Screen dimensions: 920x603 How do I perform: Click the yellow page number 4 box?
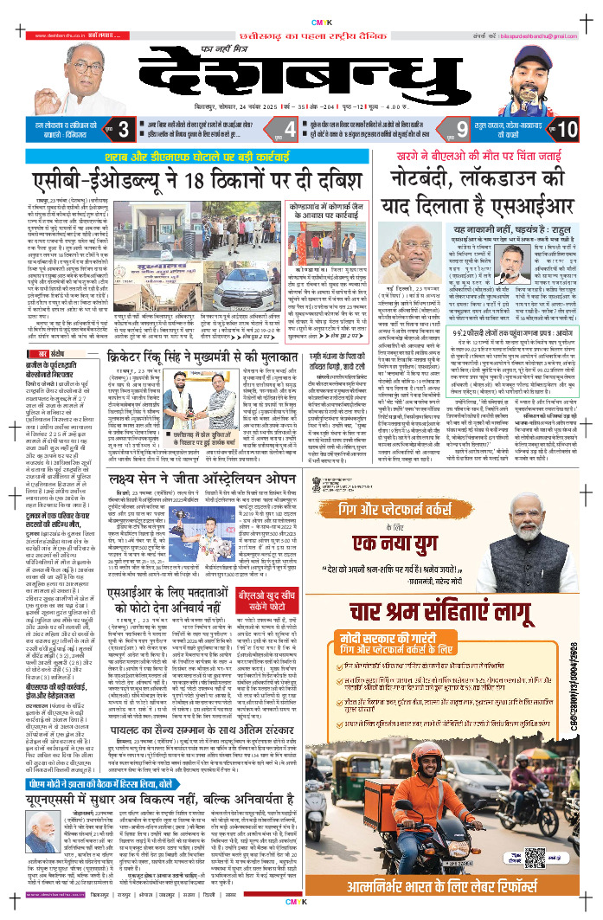[292, 131]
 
